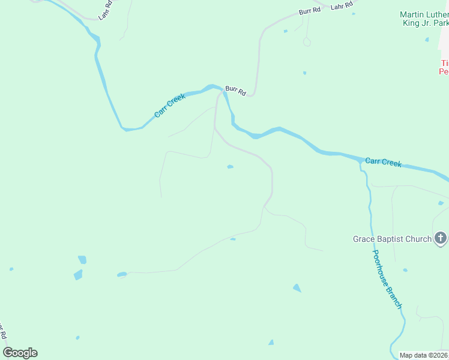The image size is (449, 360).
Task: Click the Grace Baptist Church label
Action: click(x=391, y=239)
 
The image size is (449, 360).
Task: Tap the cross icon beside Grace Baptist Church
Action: click(x=441, y=239)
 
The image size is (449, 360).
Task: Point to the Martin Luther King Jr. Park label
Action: click(x=425, y=19)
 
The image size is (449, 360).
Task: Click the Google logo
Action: click(x=20, y=353)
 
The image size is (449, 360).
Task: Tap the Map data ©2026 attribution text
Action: click(x=424, y=355)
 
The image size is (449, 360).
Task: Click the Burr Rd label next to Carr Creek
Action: click(x=236, y=91)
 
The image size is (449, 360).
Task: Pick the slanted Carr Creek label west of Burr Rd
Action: click(x=170, y=106)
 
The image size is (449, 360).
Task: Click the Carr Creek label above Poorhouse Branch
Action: click(x=383, y=163)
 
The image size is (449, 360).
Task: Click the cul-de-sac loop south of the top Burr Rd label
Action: click(x=307, y=42)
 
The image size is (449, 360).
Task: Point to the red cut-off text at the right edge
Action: click(x=444, y=67)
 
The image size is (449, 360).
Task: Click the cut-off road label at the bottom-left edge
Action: click(x=3, y=332)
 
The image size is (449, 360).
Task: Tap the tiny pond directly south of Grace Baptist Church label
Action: click(x=405, y=270)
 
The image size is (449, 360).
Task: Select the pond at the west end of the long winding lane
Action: click(x=122, y=275)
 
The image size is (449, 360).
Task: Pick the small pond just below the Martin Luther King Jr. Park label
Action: click(x=427, y=40)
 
